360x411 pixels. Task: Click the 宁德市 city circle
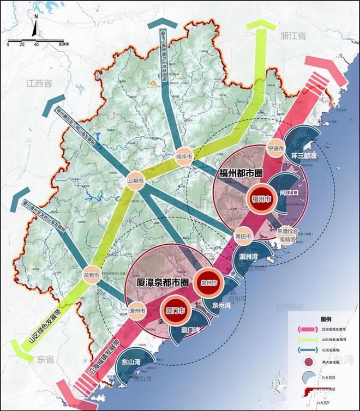coord(276,148)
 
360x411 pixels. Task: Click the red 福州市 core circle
coord(261,200)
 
